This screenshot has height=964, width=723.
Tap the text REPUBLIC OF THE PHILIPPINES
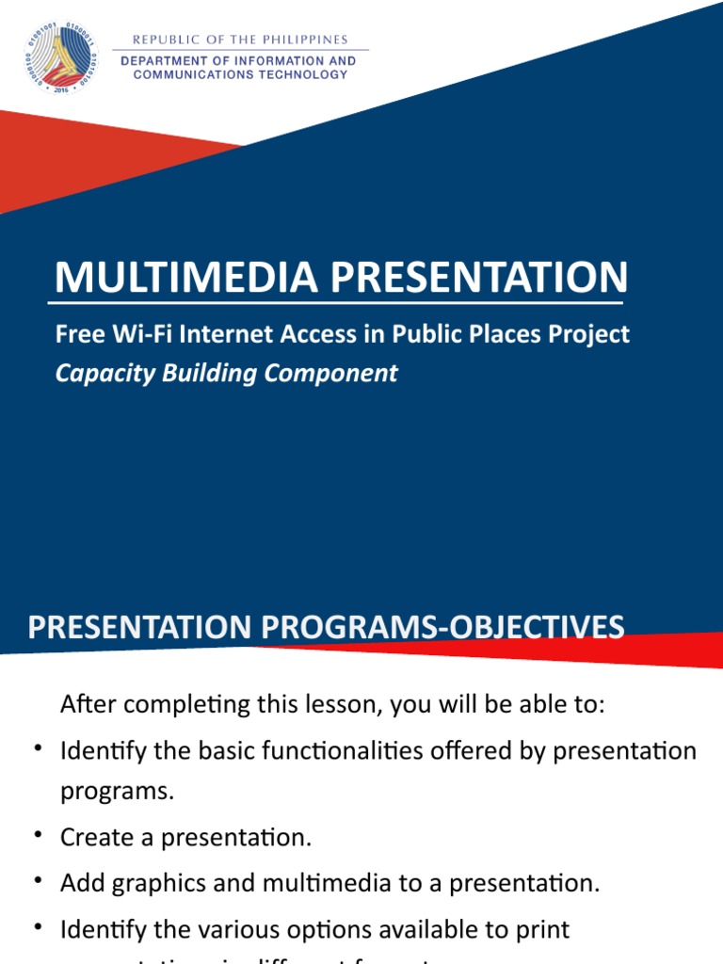[240, 40]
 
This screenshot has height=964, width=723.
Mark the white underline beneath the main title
[335, 303]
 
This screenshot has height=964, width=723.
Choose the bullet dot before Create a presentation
[39, 834]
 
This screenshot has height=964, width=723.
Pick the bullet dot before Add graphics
[39, 880]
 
